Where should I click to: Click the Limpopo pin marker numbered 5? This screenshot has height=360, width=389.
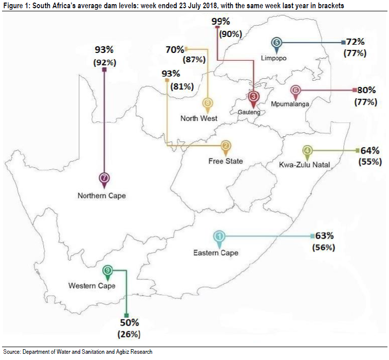(x=277, y=44)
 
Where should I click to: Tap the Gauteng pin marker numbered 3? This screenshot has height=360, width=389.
(x=253, y=97)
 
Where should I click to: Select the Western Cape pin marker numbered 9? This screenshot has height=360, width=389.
(x=107, y=271)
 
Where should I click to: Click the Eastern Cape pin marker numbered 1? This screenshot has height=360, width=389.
(x=219, y=237)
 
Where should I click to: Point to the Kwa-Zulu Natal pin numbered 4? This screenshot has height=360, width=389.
(x=307, y=152)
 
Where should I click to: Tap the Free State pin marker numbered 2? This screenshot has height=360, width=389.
(x=225, y=147)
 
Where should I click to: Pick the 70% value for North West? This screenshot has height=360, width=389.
(x=175, y=49)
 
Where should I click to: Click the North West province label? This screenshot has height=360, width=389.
(x=198, y=118)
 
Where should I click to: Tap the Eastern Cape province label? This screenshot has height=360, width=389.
(x=216, y=253)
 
